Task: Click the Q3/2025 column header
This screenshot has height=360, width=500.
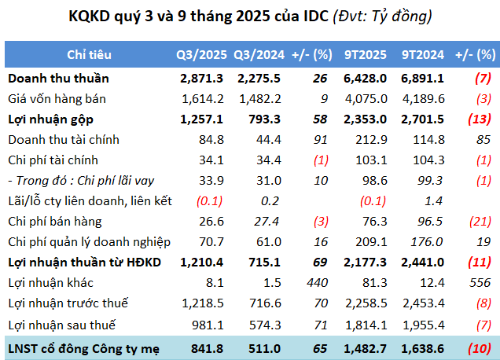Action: (201, 55)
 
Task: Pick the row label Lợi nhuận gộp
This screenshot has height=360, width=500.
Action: (51, 119)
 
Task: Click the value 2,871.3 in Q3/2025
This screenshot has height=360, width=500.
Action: (203, 79)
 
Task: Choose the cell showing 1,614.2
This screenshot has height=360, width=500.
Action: (203, 99)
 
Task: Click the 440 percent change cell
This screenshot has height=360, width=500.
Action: (318, 282)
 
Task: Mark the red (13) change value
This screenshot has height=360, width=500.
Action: (477, 119)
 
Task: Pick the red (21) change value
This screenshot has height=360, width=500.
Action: (477, 221)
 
